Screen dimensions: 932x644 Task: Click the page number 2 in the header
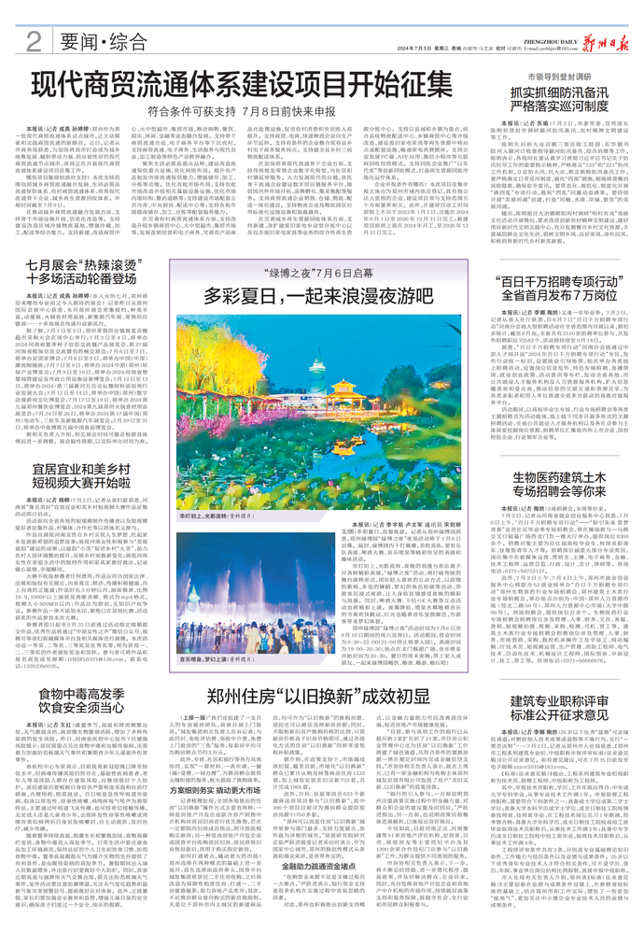tap(32, 40)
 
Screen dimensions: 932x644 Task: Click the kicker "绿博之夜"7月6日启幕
tap(308, 275)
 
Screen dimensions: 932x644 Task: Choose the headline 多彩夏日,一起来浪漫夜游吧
tap(308, 298)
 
